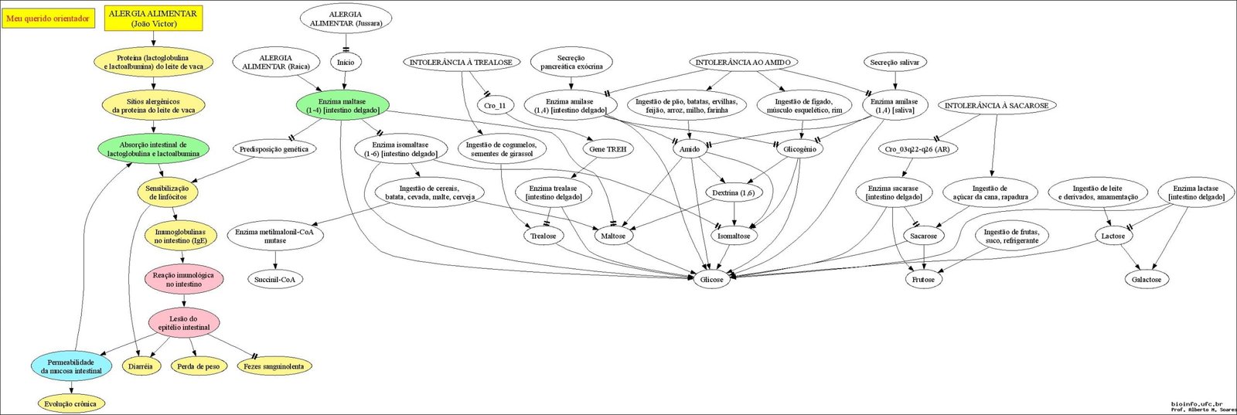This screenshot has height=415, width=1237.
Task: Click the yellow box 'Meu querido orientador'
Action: tap(47, 19)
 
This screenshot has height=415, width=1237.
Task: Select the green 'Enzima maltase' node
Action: tap(342, 105)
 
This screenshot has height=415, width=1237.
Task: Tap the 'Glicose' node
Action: tap(711, 280)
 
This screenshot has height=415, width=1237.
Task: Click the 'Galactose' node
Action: tap(1147, 279)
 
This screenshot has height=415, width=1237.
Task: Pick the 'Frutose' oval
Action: tap(923, 279)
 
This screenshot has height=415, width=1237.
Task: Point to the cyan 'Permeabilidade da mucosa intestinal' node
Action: tap(73, 366)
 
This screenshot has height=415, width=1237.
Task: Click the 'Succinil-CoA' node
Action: tap(274, 279)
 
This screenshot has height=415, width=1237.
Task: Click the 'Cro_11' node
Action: tap(495, 105)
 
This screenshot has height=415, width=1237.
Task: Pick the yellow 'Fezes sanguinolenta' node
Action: tap(274, 366)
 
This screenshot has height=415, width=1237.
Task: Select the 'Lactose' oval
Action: tap(1113, 236)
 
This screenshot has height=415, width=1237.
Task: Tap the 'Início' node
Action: tap(345, 62)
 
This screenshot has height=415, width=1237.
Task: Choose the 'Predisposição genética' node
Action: tap(274, 149)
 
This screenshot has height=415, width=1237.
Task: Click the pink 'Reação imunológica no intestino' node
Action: tap(183, 279)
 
